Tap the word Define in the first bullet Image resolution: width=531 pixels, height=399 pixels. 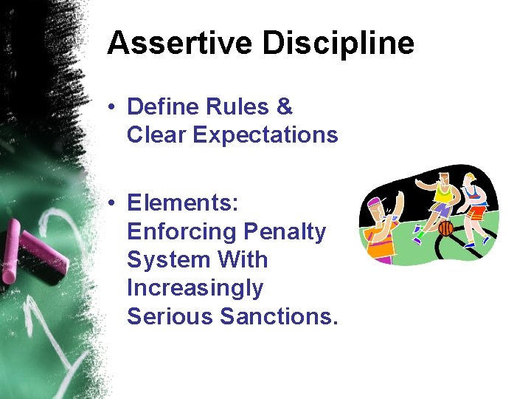coord(159,107)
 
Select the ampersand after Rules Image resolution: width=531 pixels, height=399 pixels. coord(284,107)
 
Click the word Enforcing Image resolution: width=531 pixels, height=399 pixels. coord(179,232)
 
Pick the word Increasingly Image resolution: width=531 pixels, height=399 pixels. coord(195,288)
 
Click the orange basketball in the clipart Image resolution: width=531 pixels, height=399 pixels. coord(445,228)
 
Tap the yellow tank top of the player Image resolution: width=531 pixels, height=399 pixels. coord(444,193)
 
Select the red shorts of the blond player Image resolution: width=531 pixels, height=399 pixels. coord(477,213)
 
